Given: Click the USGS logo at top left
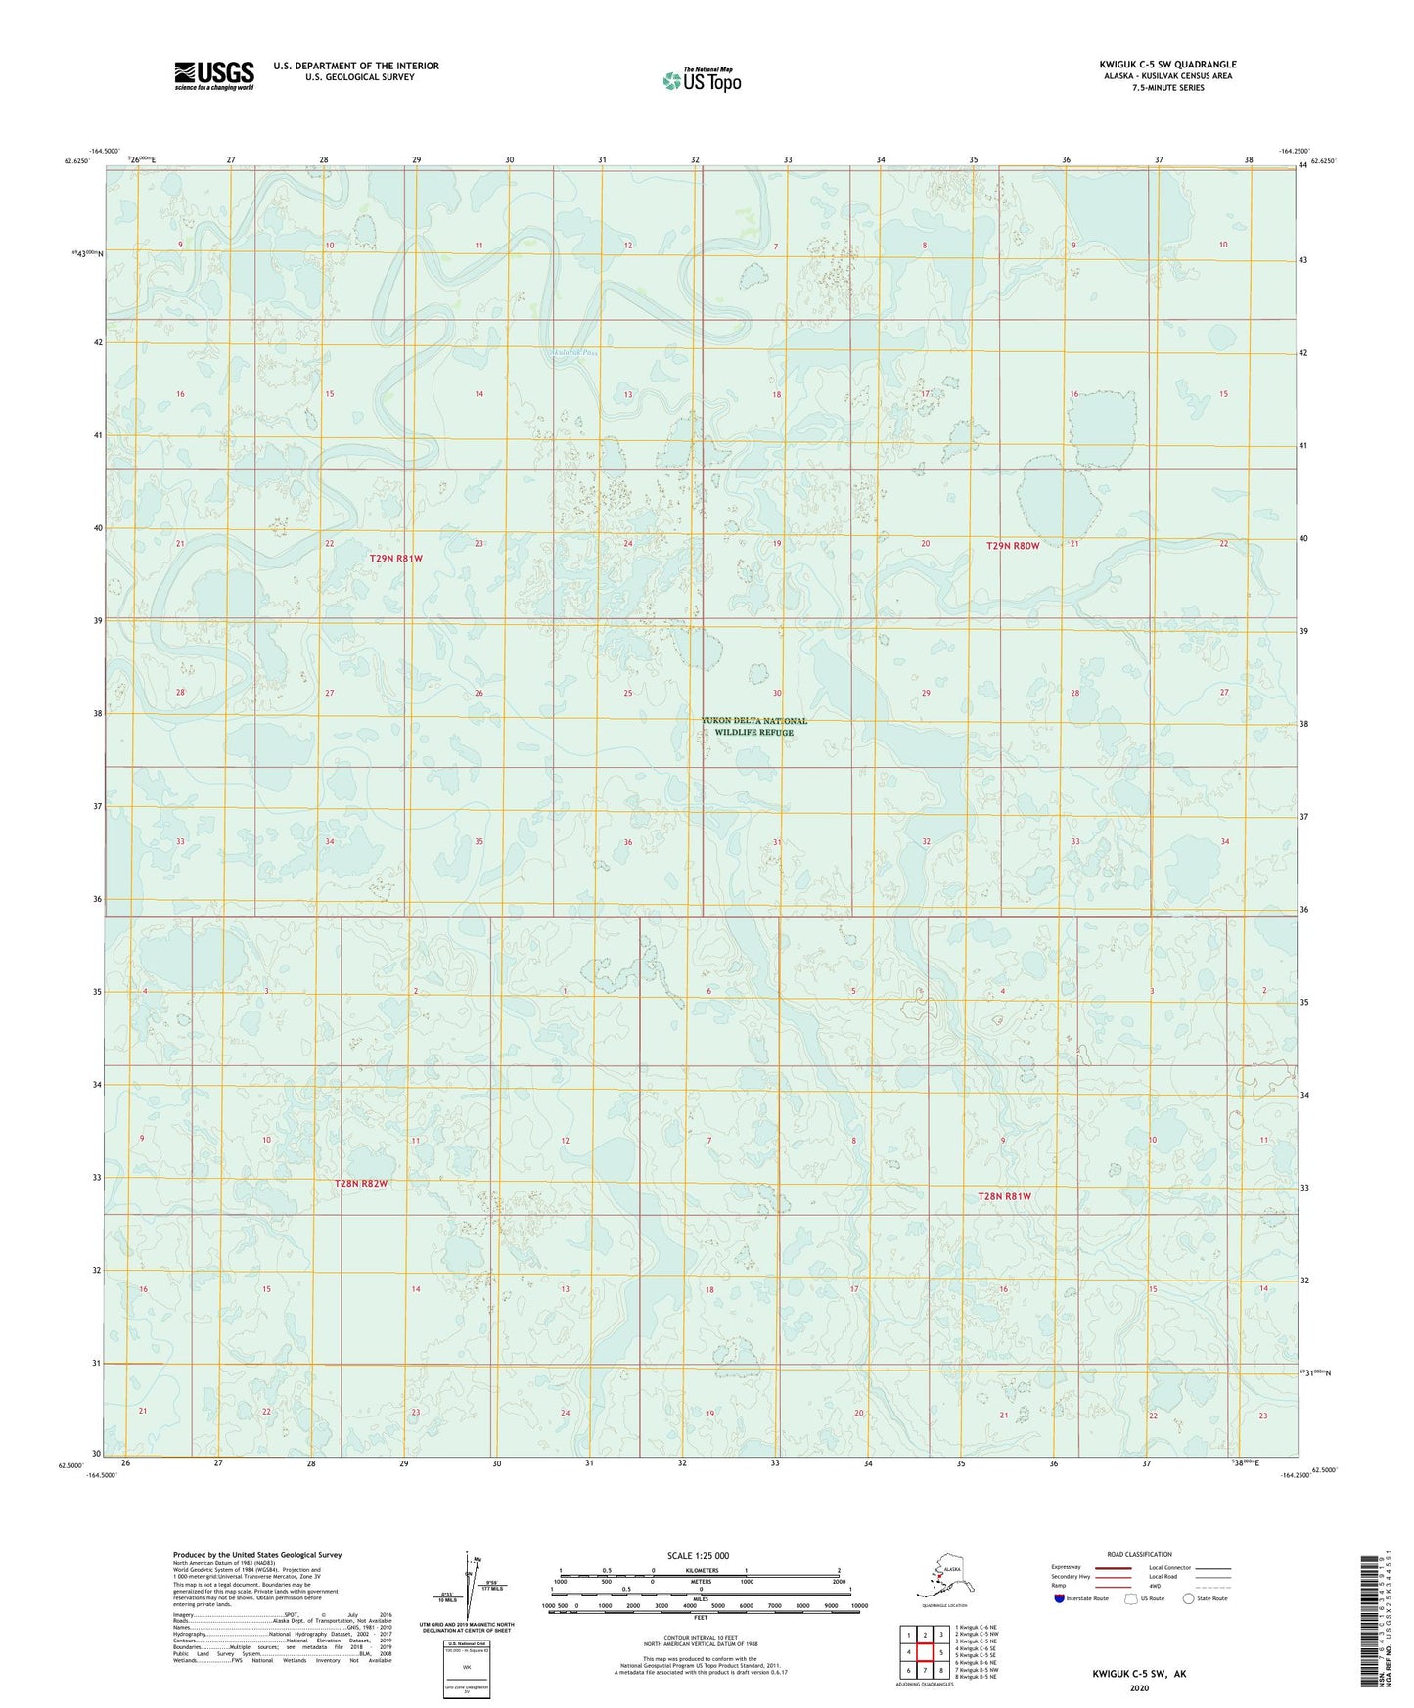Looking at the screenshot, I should pyautogui.click(x=214, y=75).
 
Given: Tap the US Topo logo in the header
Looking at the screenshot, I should pyautogui.click(x=702, y=79).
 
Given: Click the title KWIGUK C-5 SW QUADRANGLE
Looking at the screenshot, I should pyautogui.click(x=1166, y=65).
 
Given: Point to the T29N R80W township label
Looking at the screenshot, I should pyautogui.click(x=1013, y=545).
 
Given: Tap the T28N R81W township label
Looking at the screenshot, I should pyautogui.click(x=1004, y=1196).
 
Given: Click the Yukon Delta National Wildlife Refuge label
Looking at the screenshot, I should pyautogui.click(x=753, y=726).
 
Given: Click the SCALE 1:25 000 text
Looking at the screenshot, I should pyautogui.click(x=700, y=1555).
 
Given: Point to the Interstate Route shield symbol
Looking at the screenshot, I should pyautogui.click(x=1059, y=1598).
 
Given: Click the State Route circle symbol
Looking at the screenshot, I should pyautogui.click(x=1189, y=1598).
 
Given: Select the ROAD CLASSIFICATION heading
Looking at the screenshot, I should pyautogui.click(x=1139, y=1554).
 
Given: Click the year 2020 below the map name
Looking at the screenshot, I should pyautogui.click(x=1138, y=1687).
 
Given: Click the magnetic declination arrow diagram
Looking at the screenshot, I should pyautogui.click(x=473, y=1585).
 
